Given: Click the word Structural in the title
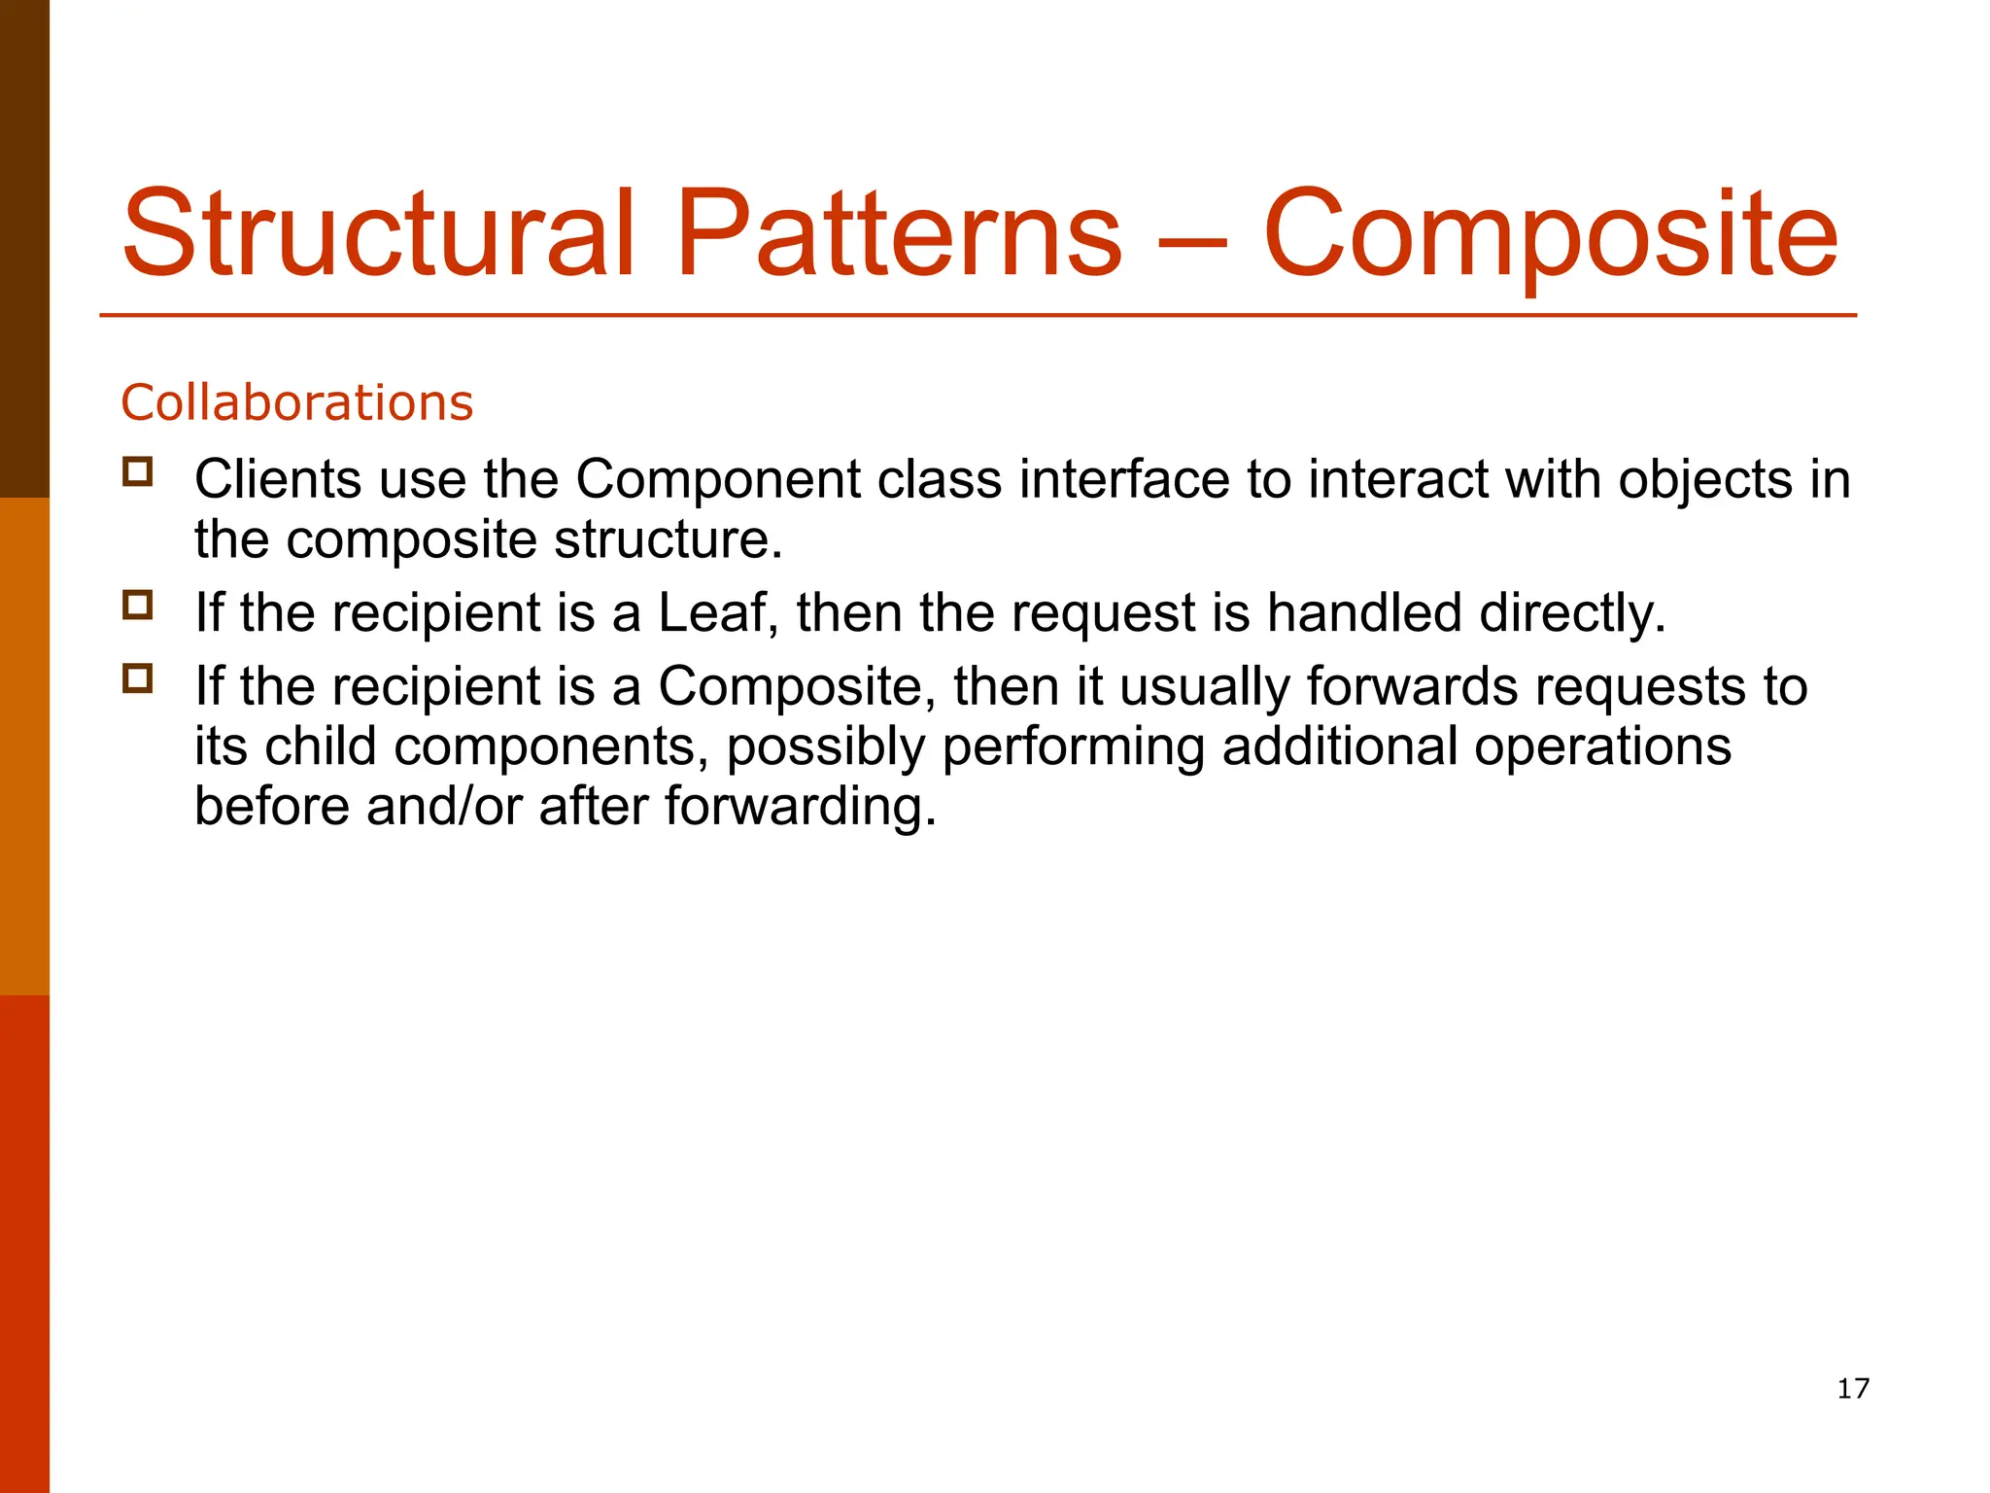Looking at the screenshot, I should click(x=379, y=233).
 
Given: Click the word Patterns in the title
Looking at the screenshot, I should click(x=899, y=233).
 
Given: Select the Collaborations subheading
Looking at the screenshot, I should click(x=296, y=402).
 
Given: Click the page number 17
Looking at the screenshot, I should click(x=1853, y=1388).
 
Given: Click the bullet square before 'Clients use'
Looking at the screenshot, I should click(x=138, y=471).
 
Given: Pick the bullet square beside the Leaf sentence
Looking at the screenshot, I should click(x=138, y=605).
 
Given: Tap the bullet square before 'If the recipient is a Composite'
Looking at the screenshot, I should click(x=138, y=677).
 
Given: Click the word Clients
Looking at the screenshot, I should click(x=278, y=479).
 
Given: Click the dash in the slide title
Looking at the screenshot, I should click(x=1193, y=241).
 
